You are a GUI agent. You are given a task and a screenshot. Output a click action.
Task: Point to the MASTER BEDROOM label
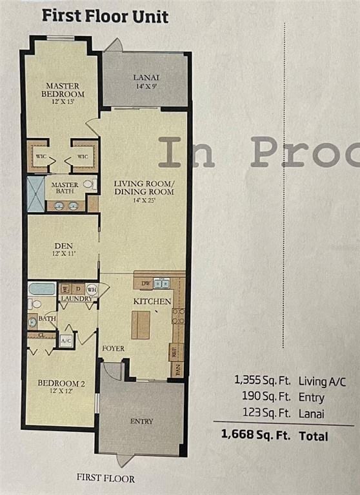click(63, 90)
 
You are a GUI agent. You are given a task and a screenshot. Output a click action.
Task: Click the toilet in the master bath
click(88, 184)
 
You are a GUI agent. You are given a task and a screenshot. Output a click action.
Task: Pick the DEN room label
click(63, 245)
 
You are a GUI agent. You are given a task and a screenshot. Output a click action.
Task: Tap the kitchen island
click(141, 325)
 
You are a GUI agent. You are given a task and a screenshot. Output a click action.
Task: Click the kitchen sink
click(163, 284)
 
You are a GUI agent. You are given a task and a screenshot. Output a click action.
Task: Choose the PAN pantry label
click(178, 369)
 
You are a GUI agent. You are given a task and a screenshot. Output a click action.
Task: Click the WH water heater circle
click(91, 289)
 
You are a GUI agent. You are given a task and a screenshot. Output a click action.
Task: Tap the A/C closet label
click(66, 340)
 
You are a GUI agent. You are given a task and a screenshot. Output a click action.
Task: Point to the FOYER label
click(113, 349)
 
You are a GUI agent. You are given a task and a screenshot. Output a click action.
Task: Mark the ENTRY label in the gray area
click(141, 421)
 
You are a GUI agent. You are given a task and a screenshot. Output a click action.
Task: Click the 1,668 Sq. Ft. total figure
click(248, 436)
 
